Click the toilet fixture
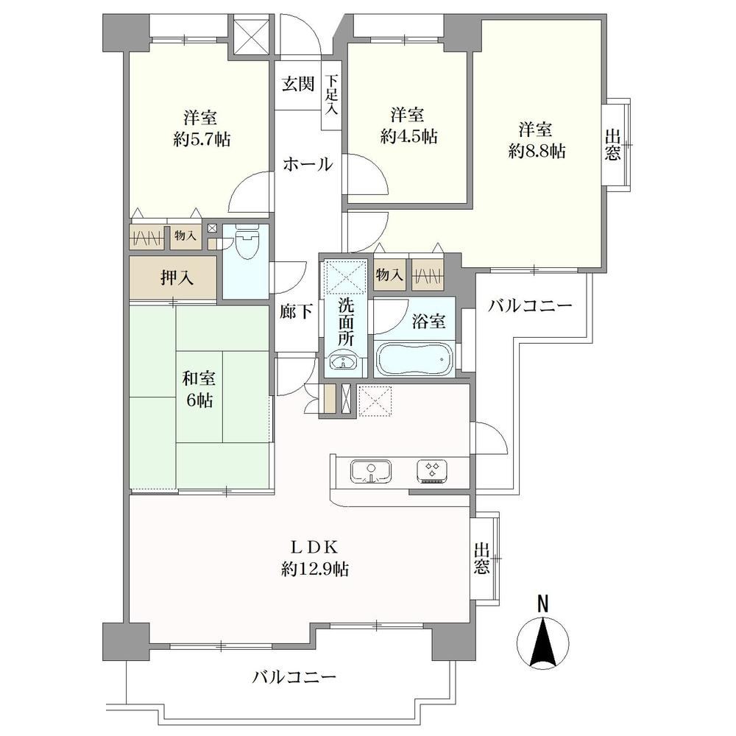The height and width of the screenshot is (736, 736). tap(246, 241)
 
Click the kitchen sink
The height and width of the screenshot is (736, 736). tap(371, 471)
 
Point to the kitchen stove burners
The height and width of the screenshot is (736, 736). tap(432, 471)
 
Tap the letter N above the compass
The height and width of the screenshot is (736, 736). tap(542, 604)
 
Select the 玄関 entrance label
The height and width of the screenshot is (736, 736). tap(298, 84)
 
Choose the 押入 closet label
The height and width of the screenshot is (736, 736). tap(177, 278)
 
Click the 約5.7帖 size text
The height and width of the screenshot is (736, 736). tap(202, 139)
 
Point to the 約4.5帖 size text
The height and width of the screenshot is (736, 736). tap(408, 137)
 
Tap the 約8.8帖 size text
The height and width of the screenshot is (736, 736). tap(537, 151)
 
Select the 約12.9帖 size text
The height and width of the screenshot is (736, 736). tap(315, 570)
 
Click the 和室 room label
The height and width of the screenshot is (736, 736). tap(199, 378)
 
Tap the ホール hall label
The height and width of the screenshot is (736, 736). tap(308, 164)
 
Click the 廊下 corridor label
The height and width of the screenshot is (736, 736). tap(296, 311)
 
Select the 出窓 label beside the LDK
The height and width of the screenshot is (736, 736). tap(481, 559)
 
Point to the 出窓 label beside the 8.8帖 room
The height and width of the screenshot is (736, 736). tap(612, 146)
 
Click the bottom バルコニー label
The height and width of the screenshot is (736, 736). tap(295, 677)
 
